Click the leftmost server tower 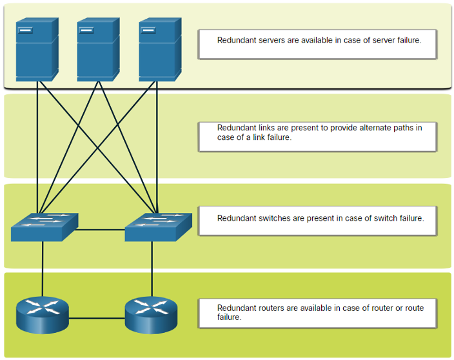click(x=37, y=50)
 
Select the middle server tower click(x=99, y=50)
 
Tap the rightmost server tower click(x=161, y=50)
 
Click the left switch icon click(x=44, y=227)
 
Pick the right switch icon click(x=159, y=227)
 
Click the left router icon click(x=43, y=315)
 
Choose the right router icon click(x=151, y=315)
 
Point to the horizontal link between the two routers click(x=97, y=318)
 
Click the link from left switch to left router click(x=43, y=269)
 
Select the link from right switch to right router click(x=152, y=269)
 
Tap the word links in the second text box click(x=266, y=128)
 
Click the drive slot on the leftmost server click(x=25, y=30)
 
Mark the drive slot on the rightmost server click(x=148, y=30)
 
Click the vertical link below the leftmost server click(x=37, y=148)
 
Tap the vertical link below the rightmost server click(x=157, y=148)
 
